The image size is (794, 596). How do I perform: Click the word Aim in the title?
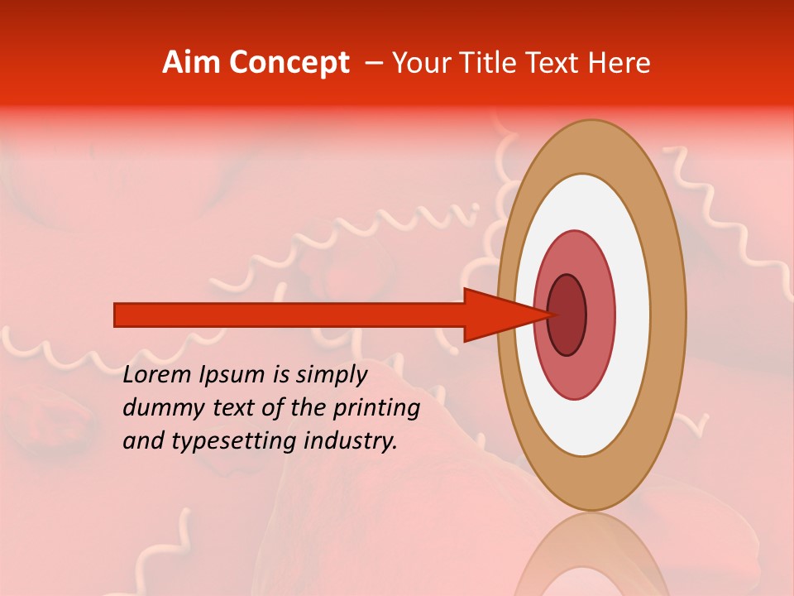pyautogui.click(x=192, y=63)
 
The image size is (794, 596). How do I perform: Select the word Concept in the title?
pyautogui.click(x=289, y=63)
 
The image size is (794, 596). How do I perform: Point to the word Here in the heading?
pyautogui.click(x=619, y=63)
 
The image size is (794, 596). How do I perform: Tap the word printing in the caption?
pyautogui.click(x=376, y=409)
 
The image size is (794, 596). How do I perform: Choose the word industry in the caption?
pyautogui.click(x=350, y=441)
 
